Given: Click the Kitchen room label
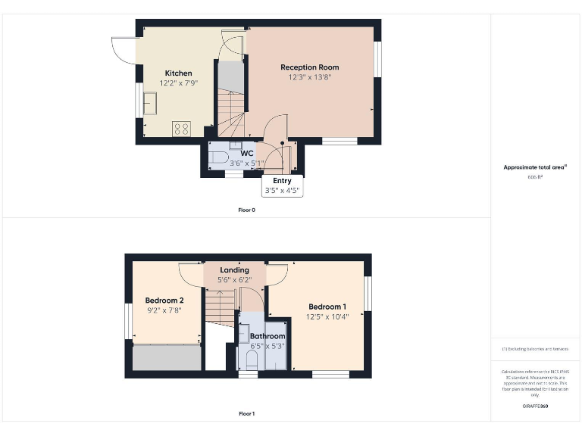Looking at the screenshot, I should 178,73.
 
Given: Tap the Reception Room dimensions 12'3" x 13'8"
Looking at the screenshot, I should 309,77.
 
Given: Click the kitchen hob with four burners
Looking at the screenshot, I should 181,129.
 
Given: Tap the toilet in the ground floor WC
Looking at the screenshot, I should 219,158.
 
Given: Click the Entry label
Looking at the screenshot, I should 282,181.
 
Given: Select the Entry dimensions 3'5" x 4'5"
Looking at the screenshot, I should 282,191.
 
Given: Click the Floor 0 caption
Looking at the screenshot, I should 246,210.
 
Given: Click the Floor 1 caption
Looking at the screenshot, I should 246,414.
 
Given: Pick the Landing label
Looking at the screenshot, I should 234,270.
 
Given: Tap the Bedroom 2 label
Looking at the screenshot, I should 164,301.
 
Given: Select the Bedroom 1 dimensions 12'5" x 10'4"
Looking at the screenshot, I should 327,316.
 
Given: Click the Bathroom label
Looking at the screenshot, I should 268,336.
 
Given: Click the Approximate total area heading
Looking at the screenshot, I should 534,167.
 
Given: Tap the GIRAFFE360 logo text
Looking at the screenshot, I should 535,406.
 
